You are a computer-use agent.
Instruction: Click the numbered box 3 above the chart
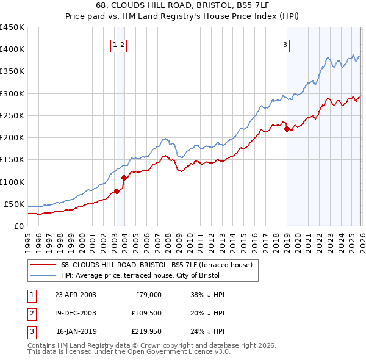pos(285,44)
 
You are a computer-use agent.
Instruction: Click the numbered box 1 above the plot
pos(115,44)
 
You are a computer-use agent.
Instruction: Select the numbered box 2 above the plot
pos(123,44)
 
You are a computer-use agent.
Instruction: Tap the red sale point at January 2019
pos(287,129)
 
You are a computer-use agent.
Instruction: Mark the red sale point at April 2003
pos(117,191)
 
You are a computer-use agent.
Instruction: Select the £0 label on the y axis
pos(18,226)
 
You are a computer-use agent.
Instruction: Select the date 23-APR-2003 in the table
pos(75,295)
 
